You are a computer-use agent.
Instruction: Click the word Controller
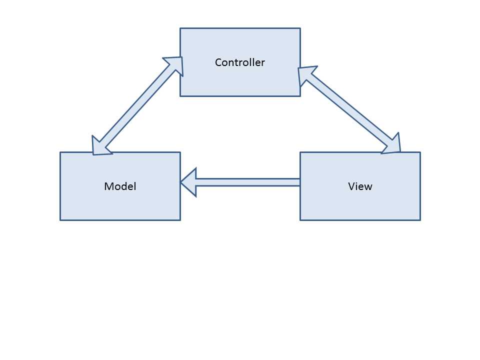[x=240, y=62]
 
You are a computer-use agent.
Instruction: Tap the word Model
[x=120, y=186]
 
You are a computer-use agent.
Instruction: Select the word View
[x=360, y=186]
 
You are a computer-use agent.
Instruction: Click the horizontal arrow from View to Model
[x=245, y=182]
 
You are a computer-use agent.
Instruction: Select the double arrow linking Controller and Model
[x=137, y=105]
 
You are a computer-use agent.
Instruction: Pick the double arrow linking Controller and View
[x=350, y=110]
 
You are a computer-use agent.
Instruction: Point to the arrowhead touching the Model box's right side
[x=187, y=182]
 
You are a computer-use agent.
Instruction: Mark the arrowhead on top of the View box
[x=393, y=145]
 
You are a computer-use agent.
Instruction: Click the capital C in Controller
[x=218, y=62]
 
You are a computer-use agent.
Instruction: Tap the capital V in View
[x=351, y=186]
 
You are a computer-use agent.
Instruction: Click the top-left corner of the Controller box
[x=180, y=28]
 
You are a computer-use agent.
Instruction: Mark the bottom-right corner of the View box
[x=420, y=220]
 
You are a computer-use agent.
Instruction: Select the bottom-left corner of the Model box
[x=60, y=220]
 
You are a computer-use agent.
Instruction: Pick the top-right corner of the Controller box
[x=300, y=28]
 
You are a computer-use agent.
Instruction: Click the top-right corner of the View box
[x=420, y=152]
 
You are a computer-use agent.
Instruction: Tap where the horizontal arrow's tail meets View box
[x=299, y=182]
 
